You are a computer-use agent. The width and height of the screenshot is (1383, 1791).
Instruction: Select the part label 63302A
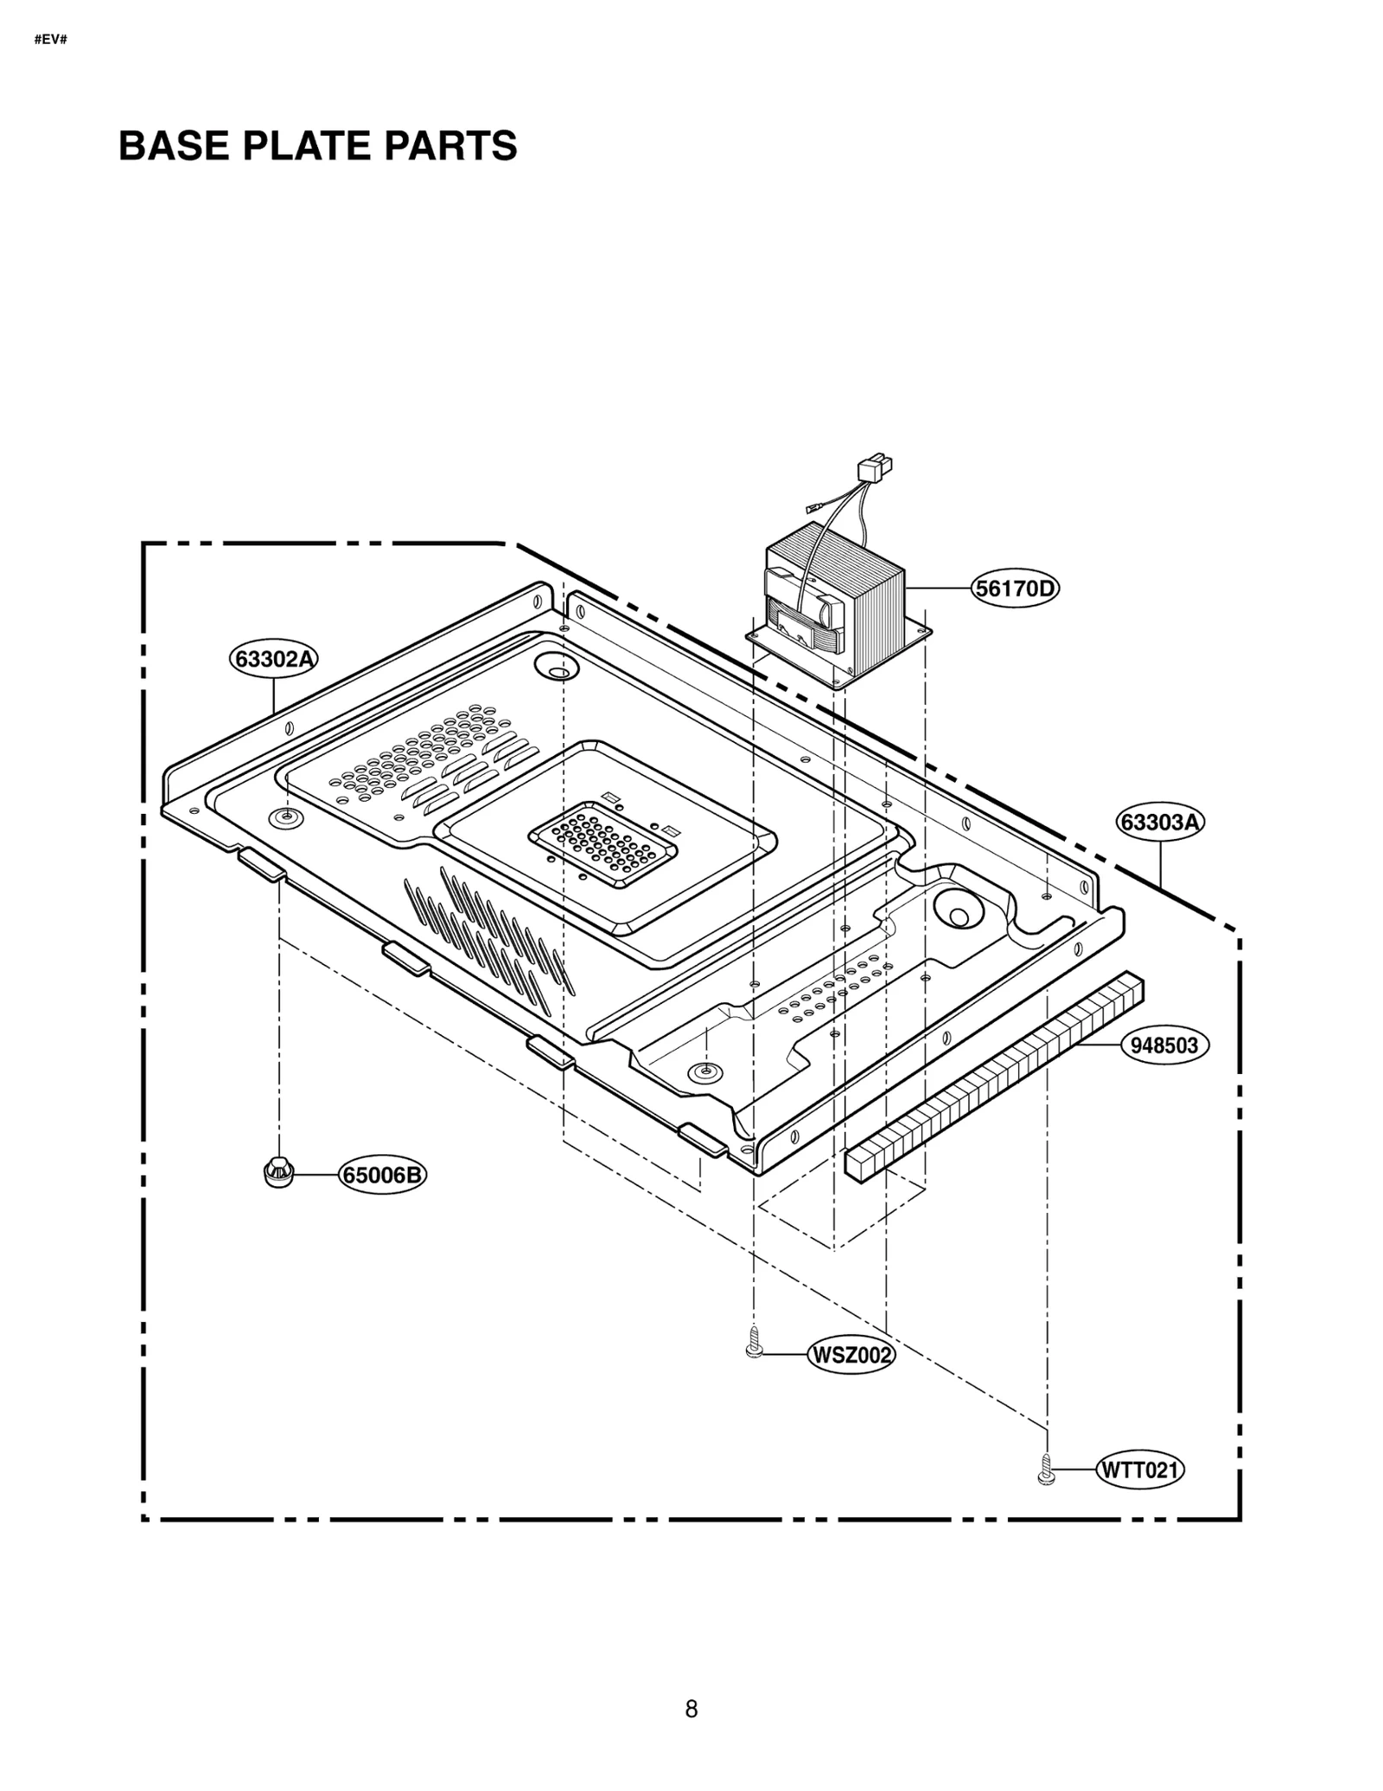click(x=274, y=658)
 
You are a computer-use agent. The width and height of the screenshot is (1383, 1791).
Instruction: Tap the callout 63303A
click(x=1160, y=822)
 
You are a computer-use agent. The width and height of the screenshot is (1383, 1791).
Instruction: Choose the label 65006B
click(x=382, y=1175)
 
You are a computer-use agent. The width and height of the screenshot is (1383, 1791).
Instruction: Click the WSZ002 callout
click(x=851, y=1355)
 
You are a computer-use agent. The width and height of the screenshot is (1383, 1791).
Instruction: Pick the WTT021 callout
click(x=1139, y=1469)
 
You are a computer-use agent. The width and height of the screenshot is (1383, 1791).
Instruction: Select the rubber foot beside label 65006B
click(x=278, y=1171)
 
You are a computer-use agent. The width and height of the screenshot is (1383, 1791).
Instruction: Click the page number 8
click(x=691, y=1708)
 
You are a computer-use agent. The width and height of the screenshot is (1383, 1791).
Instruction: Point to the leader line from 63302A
click(x=274, y=695)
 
